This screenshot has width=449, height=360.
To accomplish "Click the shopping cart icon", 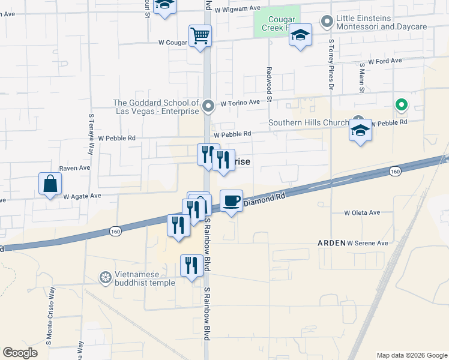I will pyautogui.click(x=200, y=35).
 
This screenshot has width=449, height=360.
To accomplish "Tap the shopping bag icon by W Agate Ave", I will pyautogui.click(x=50, y=184).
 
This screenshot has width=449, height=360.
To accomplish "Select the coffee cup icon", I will pyautogui.click(x=231, y=201).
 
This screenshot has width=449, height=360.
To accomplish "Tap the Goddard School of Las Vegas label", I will pyautogui.click(x=156, y=107).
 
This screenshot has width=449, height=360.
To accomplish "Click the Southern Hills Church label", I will pyautogui.click(x=308, y=123).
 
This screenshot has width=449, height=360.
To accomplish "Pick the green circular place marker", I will pyautogui.click(x=402, y=106).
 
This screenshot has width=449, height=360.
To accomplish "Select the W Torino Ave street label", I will pyautogui.click(x=240, y=103).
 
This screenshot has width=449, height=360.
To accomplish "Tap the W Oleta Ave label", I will pyautogui.click(x=362, y=212).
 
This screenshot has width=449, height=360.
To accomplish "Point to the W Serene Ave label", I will pyautogui.click(x=367, y=243).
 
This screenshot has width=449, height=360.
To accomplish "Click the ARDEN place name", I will pyautogui.click(x=331, y=243).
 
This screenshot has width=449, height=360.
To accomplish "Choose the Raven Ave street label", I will pyautogui.click(x=74, y=169).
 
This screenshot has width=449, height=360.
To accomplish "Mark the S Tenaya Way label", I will pyautogui.click(x=92, y=135).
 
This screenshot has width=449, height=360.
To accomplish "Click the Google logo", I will pyautogui.click(x=20, y=353).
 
